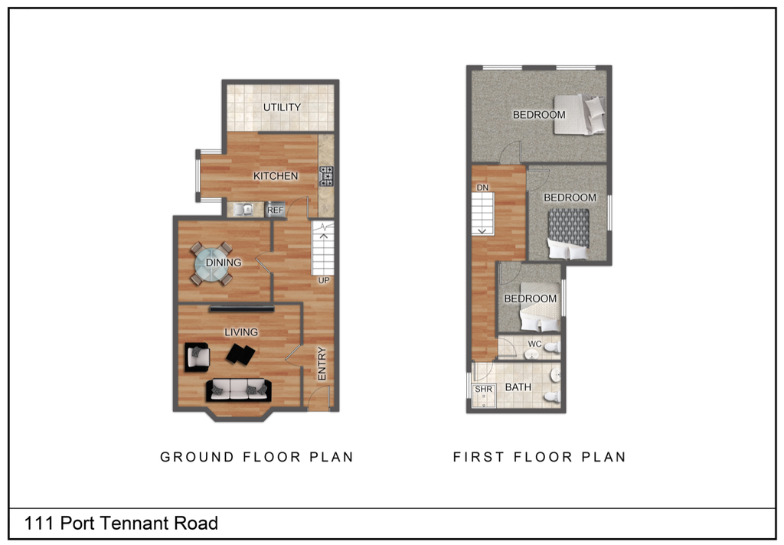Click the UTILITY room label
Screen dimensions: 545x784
(282, 107)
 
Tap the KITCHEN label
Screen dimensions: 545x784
(276, 176)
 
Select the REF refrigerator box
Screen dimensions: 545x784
(275, 210)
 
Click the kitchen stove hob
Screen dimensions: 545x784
(326, 176)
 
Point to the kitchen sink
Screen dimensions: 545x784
(244, 209)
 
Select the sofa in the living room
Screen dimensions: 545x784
(237, 390)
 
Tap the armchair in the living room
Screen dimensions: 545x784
(198, 356)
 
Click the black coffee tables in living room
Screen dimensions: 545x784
(240, 354)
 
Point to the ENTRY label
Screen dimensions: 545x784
(322, 364)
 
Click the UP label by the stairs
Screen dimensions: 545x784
(324, 280)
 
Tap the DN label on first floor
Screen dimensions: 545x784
(482, 188)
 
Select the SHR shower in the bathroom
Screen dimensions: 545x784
(483, 393)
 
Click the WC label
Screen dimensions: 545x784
(534, 344)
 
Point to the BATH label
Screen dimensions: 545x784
(518, 387)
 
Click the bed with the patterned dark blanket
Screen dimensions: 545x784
(568, 234)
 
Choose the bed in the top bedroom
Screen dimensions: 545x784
(580, 114)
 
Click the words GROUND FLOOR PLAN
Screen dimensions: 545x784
(256, 457)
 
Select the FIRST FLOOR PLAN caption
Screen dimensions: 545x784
(540, 457)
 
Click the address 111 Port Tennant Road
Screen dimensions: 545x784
(122, 524)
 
